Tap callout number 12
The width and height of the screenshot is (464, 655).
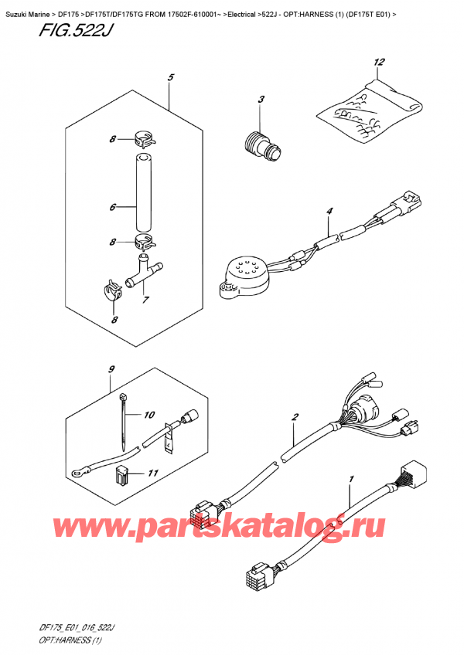378,63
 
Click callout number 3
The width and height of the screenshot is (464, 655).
261,100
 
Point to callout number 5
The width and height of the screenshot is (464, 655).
170,77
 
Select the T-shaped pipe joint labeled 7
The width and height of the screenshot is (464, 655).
143,274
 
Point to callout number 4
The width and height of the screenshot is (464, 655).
329,212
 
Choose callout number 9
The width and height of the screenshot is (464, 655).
111,369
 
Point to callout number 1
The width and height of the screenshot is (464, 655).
351,479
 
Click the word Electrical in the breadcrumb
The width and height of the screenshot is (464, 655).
241,15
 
